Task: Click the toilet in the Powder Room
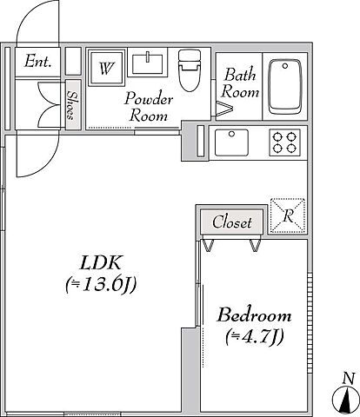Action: [x=190, y=70]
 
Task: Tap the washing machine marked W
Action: [x=106, y=68]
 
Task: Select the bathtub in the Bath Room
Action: [x=284, y=87]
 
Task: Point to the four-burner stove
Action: [x=284, y=142]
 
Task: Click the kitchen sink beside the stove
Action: [x=231, y=142]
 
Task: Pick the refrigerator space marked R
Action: [x=288, y=215]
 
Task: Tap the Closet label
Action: [x=232, y=222]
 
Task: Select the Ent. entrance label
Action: [x=38, y=62]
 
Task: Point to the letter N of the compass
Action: [x=349, y=379]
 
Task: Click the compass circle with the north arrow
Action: [x=347, y=400]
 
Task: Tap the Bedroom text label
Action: [x=254, y=314]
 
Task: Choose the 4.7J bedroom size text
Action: [x=254, y=336]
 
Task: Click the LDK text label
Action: [x=100, y=262]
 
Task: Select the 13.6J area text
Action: [x=101, y=285]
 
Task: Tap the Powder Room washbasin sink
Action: [x=148, y=63]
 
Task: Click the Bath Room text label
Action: [x=240, y=83]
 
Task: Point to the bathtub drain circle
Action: [x=285, y=66]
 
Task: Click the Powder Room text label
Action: [x=149, y=107]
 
